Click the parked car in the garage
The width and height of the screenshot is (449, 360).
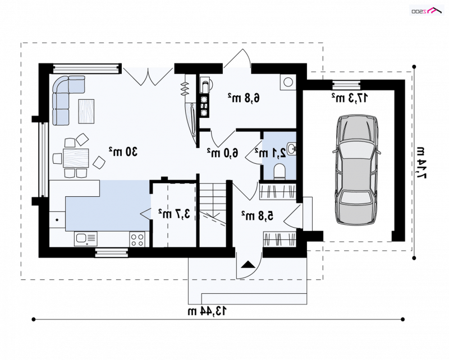[356, 170]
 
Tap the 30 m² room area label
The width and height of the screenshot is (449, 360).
[123, 151]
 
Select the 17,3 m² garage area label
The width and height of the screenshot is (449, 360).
[349, 98]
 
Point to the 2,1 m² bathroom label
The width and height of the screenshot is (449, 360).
[271, 153]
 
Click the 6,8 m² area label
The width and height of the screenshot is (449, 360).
[244, 98]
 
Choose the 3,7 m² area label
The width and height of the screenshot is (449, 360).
[175, 214]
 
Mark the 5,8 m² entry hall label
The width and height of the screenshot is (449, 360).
[258, 216]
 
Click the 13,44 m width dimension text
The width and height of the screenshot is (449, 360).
[207, 311]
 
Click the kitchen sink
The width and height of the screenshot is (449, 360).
[86, 239]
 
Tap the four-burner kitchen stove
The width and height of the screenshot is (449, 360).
[137, 239]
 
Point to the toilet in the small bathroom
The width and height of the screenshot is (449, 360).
[280, 172]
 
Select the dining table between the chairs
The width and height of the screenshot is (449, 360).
[76, 158]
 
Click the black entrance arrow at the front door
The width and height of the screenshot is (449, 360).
[248, 264]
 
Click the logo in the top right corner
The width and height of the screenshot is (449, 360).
[427, 11]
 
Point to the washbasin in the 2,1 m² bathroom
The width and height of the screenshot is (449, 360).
[292, 149]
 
